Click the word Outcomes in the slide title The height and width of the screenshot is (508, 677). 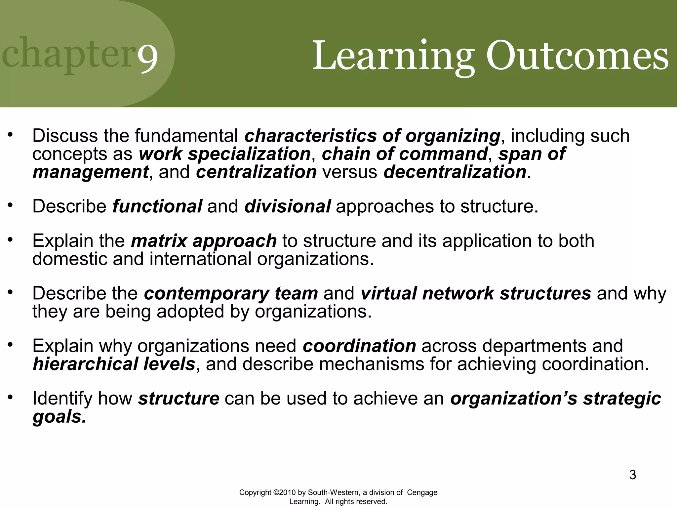point(577,56)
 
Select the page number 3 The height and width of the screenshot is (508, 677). point(632,475)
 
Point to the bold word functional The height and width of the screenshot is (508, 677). point(157,206)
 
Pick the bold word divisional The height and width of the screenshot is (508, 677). point(287,206)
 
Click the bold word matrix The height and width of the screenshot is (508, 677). point(159,241)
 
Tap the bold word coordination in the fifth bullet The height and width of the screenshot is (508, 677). point(359,346)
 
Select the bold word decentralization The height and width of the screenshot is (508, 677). point(455,172)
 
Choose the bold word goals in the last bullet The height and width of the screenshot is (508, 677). point(59,416)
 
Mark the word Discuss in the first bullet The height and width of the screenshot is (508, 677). point(65,136)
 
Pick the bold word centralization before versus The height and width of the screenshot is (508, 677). point(256,172)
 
